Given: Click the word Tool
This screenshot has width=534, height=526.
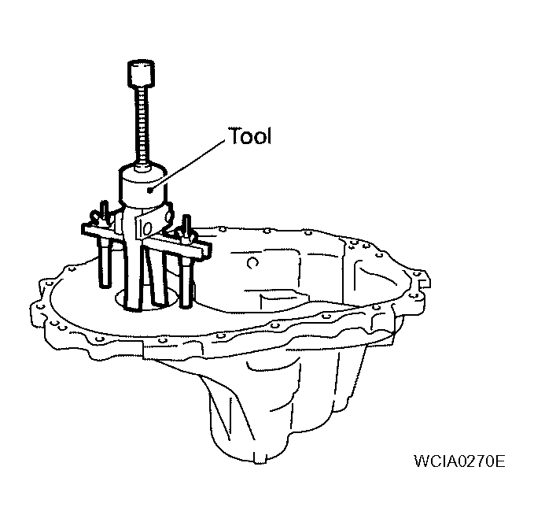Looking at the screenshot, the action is click(x=249, y=135).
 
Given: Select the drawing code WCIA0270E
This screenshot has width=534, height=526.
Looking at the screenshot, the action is click(x=459, y=461).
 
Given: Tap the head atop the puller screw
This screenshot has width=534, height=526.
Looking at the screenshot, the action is click(x=141, y=73).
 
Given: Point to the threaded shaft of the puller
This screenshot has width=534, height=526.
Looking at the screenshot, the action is click(x=142, y=125).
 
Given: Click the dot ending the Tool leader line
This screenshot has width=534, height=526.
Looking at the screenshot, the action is click(x=150, y=191).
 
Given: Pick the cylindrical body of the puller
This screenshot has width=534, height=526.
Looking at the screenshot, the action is click(x=143, y=186).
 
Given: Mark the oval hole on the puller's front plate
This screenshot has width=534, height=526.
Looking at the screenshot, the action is click(x=145, y=228).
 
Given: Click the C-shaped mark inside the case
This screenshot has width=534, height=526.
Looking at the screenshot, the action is click(x=252, y=263).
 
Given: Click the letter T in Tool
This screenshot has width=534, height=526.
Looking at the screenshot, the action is click(x=234, y=135).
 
